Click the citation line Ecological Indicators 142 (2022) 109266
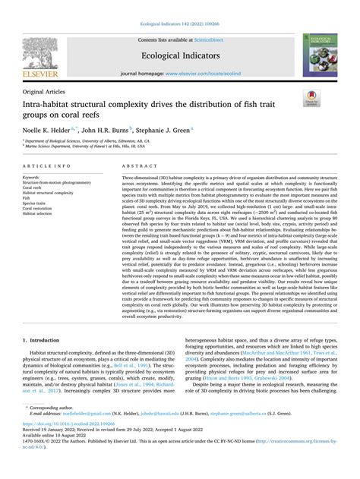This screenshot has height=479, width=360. point(180,6)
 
